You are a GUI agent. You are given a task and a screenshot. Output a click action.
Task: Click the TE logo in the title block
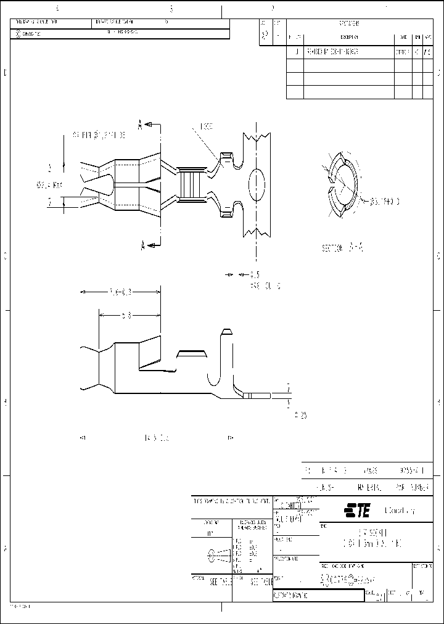(x=357, y=511)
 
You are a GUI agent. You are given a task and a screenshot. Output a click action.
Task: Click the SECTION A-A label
(x=342, y=248)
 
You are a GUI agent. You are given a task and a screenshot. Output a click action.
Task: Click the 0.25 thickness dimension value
(x=300, y=415)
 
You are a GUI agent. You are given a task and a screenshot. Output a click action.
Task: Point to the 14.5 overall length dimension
(x=156, y=438)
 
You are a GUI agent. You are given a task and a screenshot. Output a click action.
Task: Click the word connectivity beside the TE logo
(x=400, y=511)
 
